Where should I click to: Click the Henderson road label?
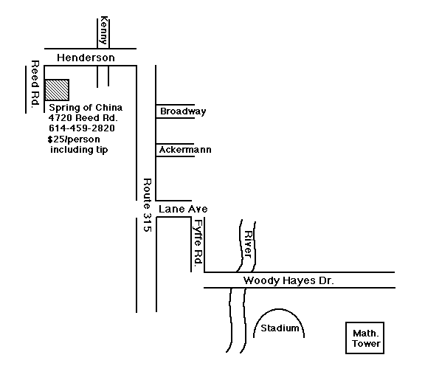pyautogui.click(x=86, y=58)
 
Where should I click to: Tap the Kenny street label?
pyautogui.click(x=104, y=30)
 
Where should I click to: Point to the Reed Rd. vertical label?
pyautogui.click(x=35, y=84)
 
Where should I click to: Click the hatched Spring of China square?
pyautogui.click(x=57, y=90)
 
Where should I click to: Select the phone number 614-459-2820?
pyautogui.click(x=82, y=128)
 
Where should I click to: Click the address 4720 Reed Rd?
pyautogui.click(x=83, y=118)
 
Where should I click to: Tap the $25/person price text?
pyautogui.click(x=74, y=139)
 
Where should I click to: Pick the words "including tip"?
pyautogui.click(x=79, y=150)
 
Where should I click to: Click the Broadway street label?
pyautogui.click(x=183, y=111)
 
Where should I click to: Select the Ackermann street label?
pyautogui.click(x=185, y=150)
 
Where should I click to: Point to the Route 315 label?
pyautogui.click(x=147, y=205)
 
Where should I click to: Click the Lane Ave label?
pyautogui.click(x=183, y=209)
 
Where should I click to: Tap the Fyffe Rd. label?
pyautogui.click(x=198, y=242)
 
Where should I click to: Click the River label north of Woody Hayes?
pyautogui.click(x=248, y=244)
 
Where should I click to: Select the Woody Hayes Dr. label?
pyautogui.click(x=288, y=280)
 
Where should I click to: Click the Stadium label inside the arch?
pyautogui.click(x=280, y=328)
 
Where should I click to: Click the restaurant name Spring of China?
pyautogui.click(x=86, y=108)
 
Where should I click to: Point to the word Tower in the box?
pyautogui.click(x=366, y=344)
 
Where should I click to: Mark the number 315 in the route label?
pyautogui.click(x=147, y=222)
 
